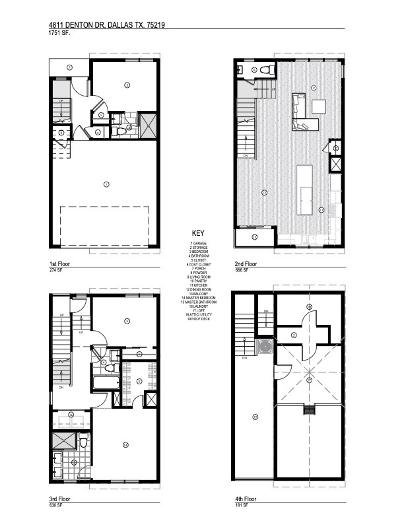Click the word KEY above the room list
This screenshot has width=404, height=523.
coord(199,234)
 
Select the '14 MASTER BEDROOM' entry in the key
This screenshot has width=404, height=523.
coord(199,298)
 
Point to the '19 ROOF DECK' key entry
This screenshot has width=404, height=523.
coord(199,319)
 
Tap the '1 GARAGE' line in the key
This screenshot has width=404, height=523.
coord(199,243)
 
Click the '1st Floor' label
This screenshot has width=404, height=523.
coord(59,263)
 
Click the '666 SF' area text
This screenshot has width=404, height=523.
coord(242,271)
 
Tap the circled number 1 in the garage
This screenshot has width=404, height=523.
coord(106,184)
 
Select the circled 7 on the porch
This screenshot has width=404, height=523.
coord(68,67)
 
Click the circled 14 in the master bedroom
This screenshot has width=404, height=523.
coord(124,444)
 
